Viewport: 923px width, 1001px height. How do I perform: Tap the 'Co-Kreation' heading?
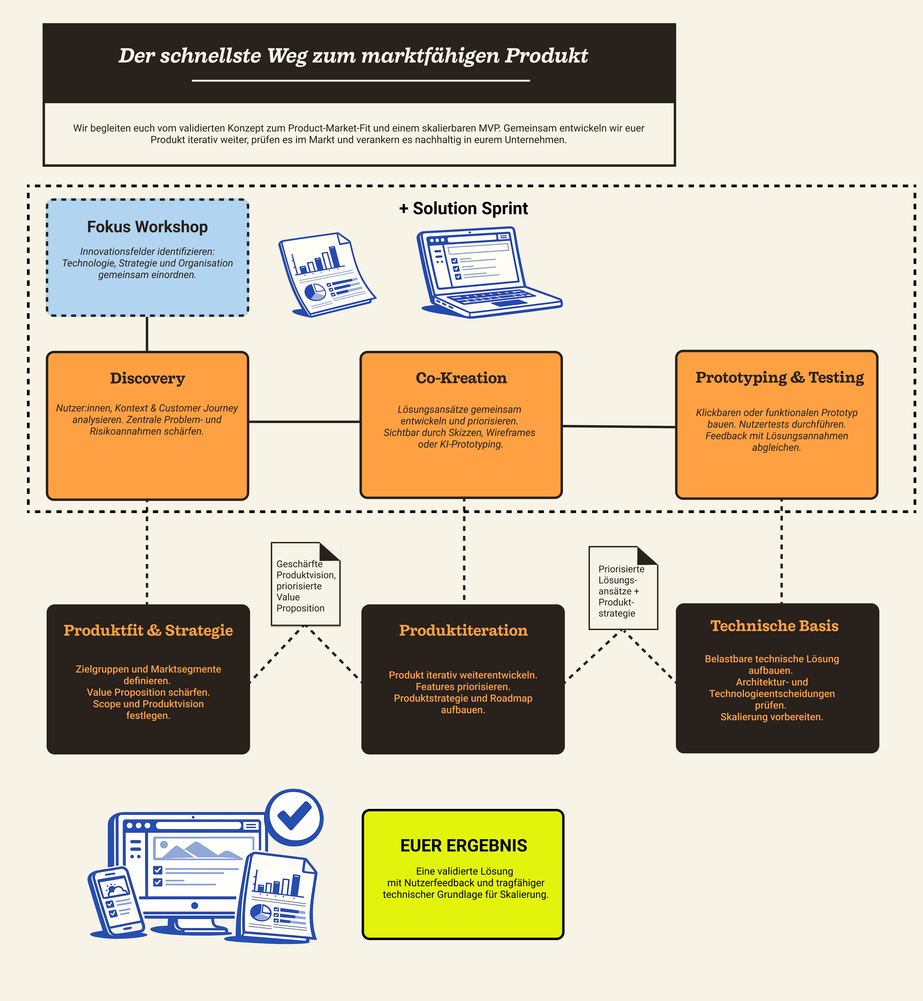[461, 378]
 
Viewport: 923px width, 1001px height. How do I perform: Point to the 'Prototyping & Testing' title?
[779, 377]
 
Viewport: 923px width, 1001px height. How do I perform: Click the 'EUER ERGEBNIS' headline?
[464, 846]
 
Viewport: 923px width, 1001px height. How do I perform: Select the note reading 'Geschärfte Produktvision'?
[305, 584]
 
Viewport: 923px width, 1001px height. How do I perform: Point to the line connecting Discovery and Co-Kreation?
[304, 422]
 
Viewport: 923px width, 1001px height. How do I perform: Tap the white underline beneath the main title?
[361, 80]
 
